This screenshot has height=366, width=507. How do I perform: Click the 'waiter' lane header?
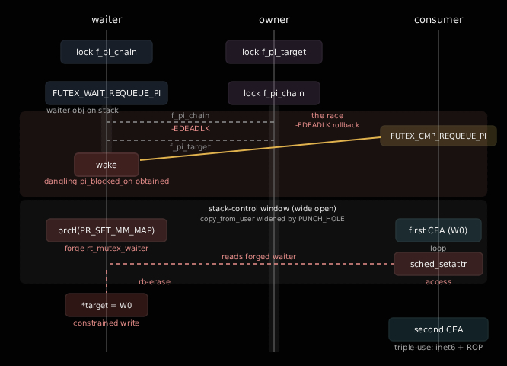(107, 20)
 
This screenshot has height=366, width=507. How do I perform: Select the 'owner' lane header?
(274, 20)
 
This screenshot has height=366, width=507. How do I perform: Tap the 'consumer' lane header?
(438, 20)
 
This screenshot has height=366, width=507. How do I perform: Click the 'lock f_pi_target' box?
(274, 52)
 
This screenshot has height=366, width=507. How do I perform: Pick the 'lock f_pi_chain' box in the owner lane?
(274, 93)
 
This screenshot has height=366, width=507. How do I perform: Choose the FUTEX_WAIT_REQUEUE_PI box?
(107, 93)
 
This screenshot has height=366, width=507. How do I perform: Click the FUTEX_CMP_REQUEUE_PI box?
(438, 136)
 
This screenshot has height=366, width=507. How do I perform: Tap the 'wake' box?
(107, 165)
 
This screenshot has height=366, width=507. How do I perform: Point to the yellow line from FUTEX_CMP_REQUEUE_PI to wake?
(260, 149)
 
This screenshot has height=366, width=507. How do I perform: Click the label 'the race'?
(327, 116)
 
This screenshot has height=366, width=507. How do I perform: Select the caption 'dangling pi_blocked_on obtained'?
(107, 181)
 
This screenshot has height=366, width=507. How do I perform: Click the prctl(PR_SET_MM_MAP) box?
(107, 230)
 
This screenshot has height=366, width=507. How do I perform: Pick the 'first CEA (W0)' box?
(438, 230)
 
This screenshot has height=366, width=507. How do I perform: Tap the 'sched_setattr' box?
(438, 264)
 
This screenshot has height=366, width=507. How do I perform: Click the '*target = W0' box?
(107, 305)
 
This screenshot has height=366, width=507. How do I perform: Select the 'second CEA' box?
(438, 329)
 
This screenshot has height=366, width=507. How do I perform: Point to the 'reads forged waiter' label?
(259, 257)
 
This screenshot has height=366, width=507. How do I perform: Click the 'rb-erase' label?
(155, 282)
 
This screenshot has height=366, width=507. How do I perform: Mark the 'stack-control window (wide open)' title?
(273, 209)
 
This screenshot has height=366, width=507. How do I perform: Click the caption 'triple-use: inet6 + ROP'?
(438, 348)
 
